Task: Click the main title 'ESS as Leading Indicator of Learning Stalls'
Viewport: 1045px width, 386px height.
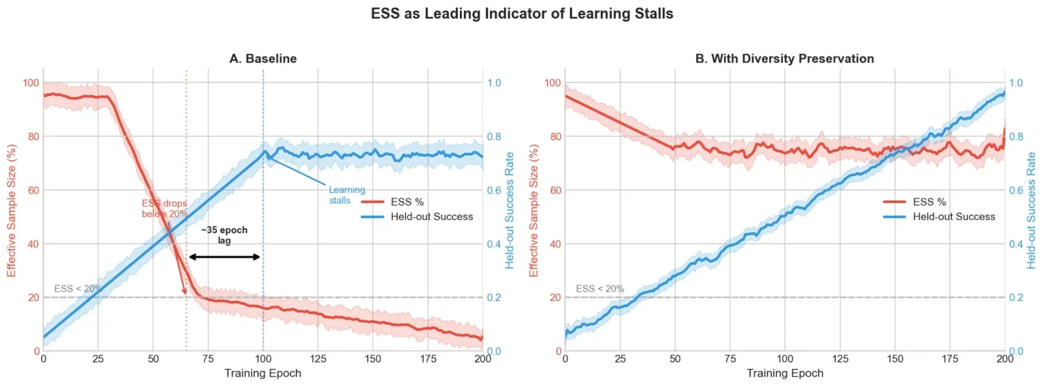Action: pos(522,14)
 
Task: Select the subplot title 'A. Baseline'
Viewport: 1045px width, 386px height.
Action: pos(263,58)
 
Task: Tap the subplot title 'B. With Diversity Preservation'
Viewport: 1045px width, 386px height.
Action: pos(784,58)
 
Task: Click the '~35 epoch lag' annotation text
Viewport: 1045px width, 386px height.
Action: pos(225,235)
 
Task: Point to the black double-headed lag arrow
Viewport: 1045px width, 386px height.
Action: pos(225,257)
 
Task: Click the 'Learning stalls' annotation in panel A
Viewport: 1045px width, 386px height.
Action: pos(347,195)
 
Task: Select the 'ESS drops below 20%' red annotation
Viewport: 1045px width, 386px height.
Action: pos(164,209)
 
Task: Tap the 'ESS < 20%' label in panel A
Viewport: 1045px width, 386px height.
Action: pos(78,289)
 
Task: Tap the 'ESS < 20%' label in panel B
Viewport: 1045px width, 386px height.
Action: pos(599,289)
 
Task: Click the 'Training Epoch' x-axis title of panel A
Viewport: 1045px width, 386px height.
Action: pos(263,373)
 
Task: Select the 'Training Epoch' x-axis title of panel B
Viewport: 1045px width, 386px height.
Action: pos(784,373)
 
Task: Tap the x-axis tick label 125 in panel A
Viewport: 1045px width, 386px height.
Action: pos(318,358)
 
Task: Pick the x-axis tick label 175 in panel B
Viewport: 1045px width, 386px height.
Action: pos(950,358)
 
